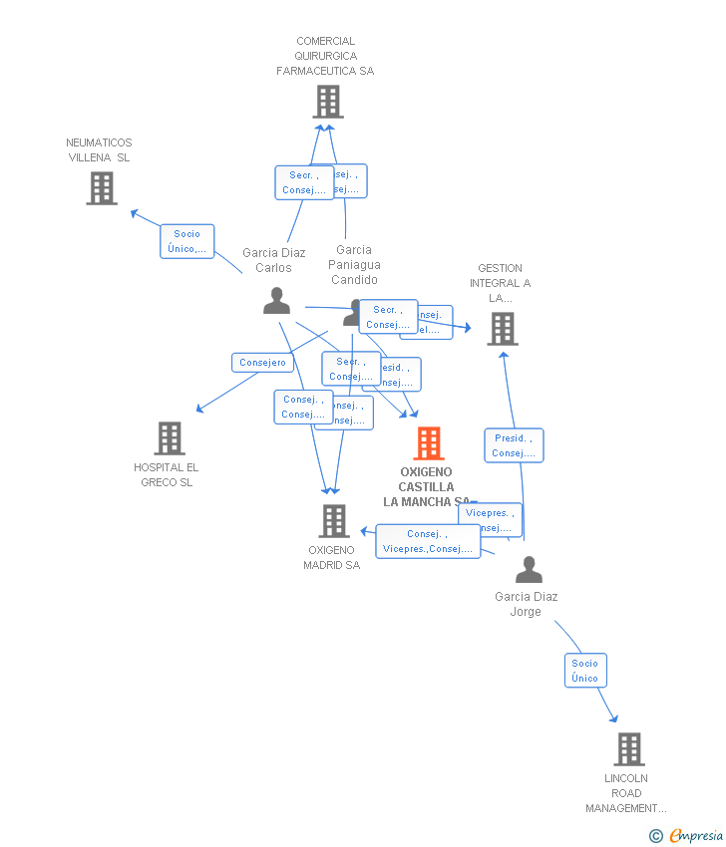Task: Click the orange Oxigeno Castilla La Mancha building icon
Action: click(x=428, y=443)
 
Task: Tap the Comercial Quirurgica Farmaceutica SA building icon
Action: click(x=328, y=102)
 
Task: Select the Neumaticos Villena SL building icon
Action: click(x=102, y=188)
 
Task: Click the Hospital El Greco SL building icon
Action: click(x=170, y=438)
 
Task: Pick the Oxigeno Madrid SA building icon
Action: click(x=334, y=521)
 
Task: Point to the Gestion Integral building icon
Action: click(x=503, y=329)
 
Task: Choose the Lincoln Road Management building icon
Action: click(x=628, y=749)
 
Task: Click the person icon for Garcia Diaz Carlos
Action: click(x=276, y=301)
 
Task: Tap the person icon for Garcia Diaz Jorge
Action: click(x=529, y=570)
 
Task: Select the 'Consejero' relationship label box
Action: click(x=262, y=363)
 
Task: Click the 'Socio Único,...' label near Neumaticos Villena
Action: click(x=187, y=241)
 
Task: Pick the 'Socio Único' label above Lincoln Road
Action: click(x=585, y=671)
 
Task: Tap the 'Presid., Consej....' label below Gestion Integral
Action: click(x=514, y=445)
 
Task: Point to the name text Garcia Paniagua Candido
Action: click(x=354, y=265)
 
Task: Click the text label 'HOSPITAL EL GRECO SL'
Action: click(x=166, y=475)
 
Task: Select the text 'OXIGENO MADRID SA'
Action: click(x=331, y=558)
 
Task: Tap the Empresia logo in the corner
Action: click(x=695, y=836)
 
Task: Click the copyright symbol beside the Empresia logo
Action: click(x=656, y=836)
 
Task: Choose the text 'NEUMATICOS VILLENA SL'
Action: click(x=99, y=150)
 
